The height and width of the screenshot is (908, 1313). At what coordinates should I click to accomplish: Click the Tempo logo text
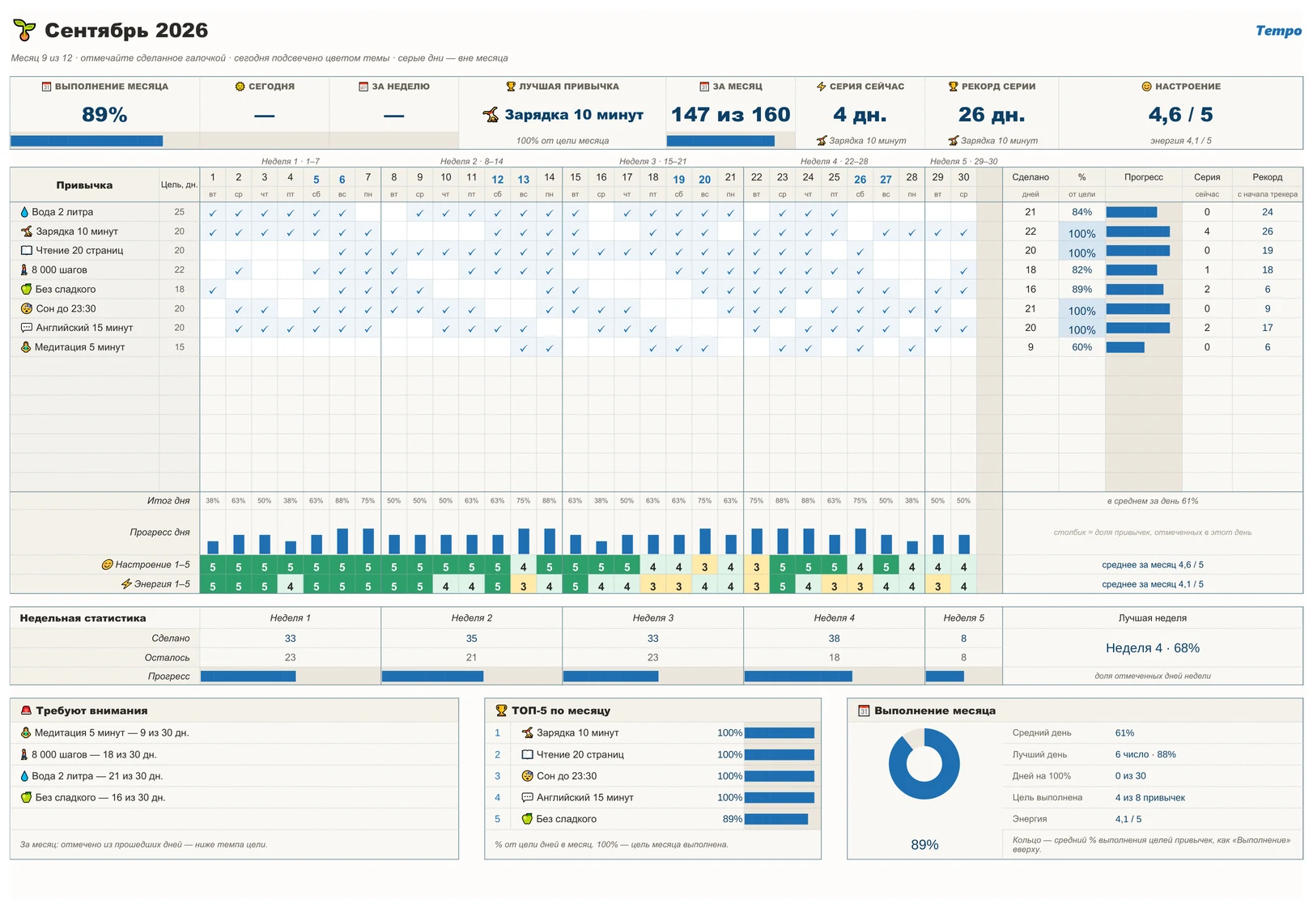(x=1278, y=31)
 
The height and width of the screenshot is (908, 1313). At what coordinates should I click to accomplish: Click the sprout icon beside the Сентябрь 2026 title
(x=24, y=30)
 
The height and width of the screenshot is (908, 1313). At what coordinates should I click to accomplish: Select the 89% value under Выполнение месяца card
(x=104, y=114)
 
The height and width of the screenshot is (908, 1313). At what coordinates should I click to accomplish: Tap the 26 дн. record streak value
(x=991, y=114)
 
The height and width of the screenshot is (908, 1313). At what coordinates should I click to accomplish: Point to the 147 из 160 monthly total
(x=730, y=114)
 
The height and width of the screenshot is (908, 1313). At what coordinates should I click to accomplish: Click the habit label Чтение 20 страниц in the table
(x=79, y=250)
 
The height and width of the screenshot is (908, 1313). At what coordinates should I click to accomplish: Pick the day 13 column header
(x=524, y=180)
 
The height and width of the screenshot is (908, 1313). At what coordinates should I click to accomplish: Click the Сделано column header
(x=1030, y=177)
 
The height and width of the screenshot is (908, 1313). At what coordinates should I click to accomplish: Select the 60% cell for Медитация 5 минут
(x=1081, y=347)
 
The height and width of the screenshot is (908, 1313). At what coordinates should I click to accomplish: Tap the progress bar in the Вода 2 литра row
(x=1132, y=212)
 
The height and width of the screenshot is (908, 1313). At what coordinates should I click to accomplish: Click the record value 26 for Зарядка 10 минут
(x=1268, y=231)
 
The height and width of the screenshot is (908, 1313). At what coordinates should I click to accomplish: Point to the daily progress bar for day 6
(x=342, y=541)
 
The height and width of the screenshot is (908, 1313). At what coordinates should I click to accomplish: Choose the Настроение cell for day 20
(x=704, y=566)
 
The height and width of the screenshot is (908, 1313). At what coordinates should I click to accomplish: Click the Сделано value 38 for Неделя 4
(x=834, y=639)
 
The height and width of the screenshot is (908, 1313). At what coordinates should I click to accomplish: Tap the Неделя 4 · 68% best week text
(x=1153, y=647)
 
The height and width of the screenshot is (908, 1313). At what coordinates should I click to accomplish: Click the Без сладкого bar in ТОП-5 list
(x=776, y=819)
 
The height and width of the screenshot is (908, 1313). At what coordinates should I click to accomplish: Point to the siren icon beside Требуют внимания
(x=26, y=711)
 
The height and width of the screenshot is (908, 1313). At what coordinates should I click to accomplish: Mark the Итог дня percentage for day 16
(x=601, y=501)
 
